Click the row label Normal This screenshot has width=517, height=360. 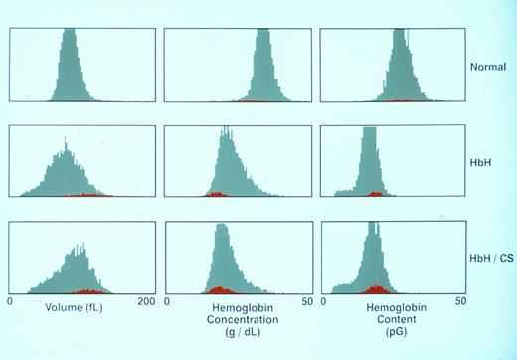(487, 68)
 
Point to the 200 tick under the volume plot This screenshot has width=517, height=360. (145, 300)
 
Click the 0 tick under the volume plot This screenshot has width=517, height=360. (10, 300)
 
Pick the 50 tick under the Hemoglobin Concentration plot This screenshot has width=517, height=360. (305, 300)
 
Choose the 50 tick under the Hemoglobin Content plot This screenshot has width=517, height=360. (461, 300)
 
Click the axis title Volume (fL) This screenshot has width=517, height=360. (76, 308)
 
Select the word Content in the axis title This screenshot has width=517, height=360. (391, 321)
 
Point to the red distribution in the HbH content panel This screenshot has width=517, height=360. (374, 194)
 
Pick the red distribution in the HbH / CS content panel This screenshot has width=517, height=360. (374, 289)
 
